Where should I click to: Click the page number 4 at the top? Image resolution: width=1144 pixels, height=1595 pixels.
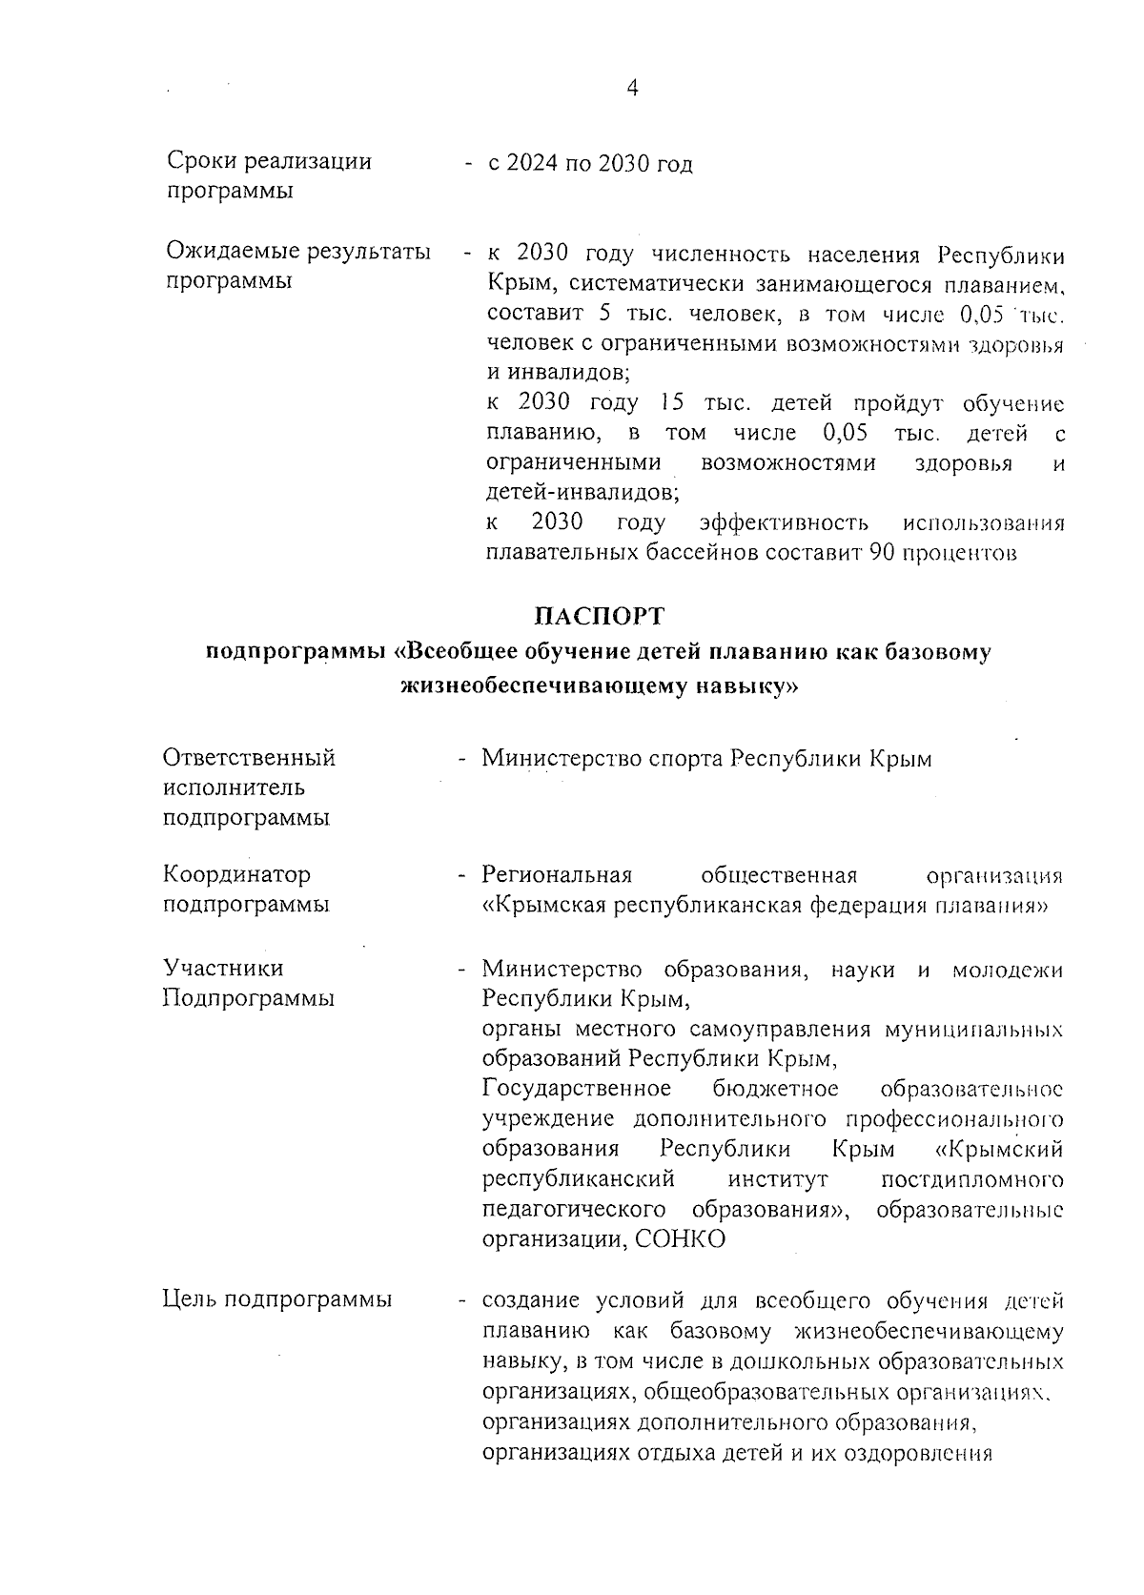tap(632, 88)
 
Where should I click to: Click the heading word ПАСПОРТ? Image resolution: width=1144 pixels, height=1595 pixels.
tap(599, 616)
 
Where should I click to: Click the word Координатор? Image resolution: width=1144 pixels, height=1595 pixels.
tap(236, 874)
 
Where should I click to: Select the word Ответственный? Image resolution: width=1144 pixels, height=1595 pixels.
tap(250, 758)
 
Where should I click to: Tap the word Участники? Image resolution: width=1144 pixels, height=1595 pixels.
tap(223, 969)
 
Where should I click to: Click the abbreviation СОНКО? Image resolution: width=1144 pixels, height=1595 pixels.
tap(680, 1239)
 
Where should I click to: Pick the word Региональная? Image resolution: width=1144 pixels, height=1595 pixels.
tap(558, 874)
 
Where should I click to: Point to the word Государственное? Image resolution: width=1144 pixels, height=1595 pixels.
tap(577, 1089)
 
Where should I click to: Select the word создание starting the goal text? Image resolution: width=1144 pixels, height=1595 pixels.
tap(532, 1300)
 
